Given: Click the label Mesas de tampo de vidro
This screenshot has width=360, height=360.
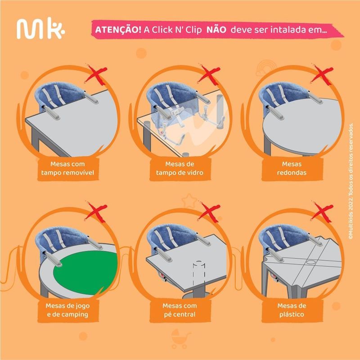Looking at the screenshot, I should point(180,167).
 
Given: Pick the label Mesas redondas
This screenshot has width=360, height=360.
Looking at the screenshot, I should point(292,167).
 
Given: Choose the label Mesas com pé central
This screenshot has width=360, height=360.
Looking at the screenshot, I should point(180,310).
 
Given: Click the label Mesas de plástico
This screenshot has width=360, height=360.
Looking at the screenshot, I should point(292,310).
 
